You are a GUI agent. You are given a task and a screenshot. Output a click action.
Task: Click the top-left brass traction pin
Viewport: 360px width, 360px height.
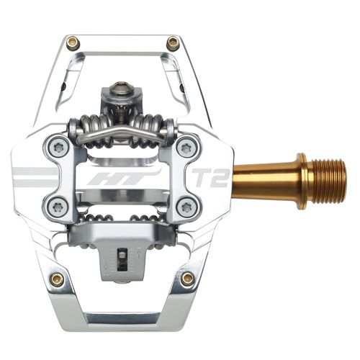pos(73,43)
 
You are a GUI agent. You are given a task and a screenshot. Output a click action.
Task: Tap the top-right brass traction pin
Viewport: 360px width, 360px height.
pos(173,43)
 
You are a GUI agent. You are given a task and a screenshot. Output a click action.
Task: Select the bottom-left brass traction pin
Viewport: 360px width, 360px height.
pos(57,278)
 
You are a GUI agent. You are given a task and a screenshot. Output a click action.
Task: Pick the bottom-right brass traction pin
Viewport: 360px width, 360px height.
pos(188,278)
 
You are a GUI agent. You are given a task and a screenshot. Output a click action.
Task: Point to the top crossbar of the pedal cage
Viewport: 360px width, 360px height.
pos(122,42)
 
